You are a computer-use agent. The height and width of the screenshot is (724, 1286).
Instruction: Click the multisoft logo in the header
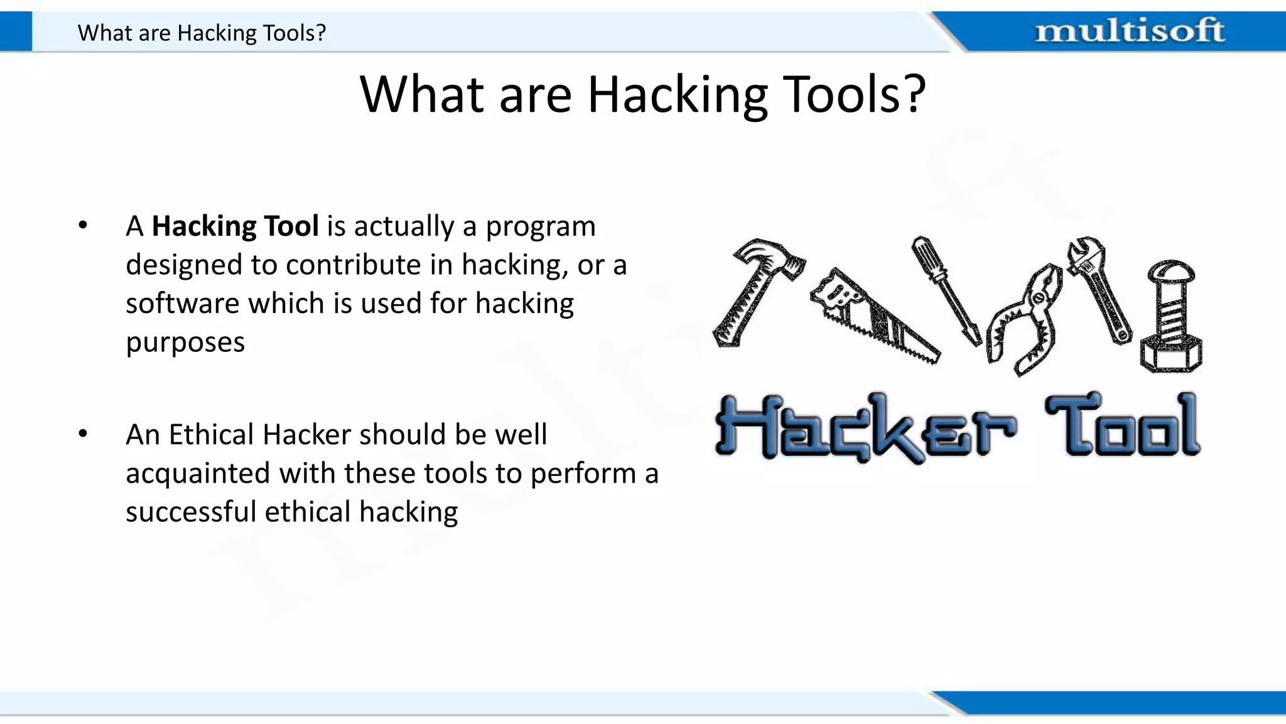pyautogui.click(x=1129, y=31)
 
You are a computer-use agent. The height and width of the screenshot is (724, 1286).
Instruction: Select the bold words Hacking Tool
pyautogui.click(x=235, y=226)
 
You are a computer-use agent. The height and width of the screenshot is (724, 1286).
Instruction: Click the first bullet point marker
pyautogui.click(x=83, y=225)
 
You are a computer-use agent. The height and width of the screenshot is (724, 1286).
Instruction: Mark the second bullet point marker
pyautogui.click(x=83, y=434)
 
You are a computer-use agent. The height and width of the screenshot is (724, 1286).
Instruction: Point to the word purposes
pyautogui.click(x=185, y=343)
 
